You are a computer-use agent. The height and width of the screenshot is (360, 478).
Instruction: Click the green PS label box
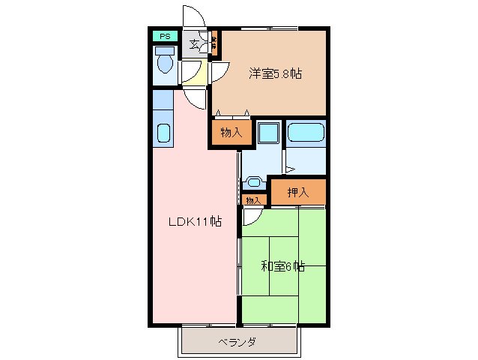tap(163, 35)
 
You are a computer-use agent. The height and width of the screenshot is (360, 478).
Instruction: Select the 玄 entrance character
tap(194, 43)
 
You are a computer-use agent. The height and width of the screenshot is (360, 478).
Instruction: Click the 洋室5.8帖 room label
tap(275, 73)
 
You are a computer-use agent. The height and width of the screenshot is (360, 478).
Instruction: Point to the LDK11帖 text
tap(194, 221)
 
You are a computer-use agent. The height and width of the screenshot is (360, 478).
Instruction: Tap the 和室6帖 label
tap(282, 265)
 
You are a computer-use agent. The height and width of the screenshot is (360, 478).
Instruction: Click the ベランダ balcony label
tap(238, 342)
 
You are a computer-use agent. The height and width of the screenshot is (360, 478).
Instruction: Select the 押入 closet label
tap(298, 193)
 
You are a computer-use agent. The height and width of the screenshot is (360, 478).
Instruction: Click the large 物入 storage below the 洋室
tap(232, 133)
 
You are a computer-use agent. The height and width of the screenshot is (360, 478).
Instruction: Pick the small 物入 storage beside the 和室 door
tap(254, 200)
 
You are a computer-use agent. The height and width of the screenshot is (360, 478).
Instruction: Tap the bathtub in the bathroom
tap(306, 133)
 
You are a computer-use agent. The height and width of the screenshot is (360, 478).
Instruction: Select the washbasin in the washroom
tap(255, 181)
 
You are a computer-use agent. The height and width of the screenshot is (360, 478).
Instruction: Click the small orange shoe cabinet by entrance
tap(214, 43)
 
